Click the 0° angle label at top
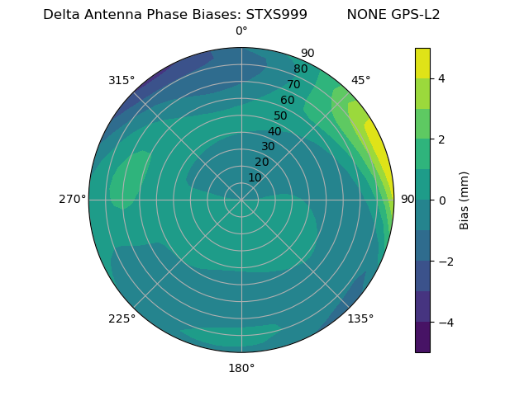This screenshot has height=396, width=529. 241,31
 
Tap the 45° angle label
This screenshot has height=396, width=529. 360,80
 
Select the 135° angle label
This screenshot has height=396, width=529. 360,318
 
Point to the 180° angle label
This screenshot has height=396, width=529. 241,368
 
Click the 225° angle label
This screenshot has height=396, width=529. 122,318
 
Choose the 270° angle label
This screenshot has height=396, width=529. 72,200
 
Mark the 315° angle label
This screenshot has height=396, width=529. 122,80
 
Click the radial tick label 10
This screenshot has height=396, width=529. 255,177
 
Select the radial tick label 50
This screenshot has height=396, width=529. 281,115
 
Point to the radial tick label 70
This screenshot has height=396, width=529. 293,84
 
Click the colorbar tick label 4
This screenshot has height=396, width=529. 441,78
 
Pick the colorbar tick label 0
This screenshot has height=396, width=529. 441,200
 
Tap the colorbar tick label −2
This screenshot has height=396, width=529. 445,261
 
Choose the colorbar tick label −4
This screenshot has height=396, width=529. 445,322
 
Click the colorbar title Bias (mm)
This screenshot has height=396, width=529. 465,200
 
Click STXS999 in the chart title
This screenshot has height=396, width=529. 277,15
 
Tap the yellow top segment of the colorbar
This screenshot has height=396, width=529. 422,63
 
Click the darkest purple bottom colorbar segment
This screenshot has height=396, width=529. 422,337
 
